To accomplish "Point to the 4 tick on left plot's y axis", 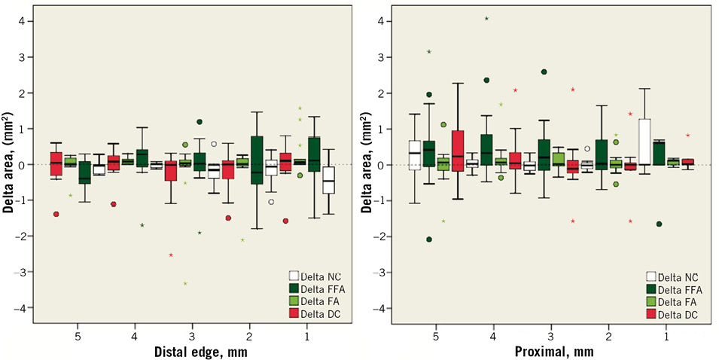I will (28, 21).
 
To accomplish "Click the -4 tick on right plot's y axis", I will (385, 308).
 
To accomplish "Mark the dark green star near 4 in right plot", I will (487, 18).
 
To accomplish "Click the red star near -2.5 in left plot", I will (172, 255).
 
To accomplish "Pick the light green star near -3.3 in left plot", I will (185, 283).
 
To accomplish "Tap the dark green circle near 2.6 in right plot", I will (544, 72).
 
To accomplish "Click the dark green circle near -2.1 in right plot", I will (429, 239).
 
